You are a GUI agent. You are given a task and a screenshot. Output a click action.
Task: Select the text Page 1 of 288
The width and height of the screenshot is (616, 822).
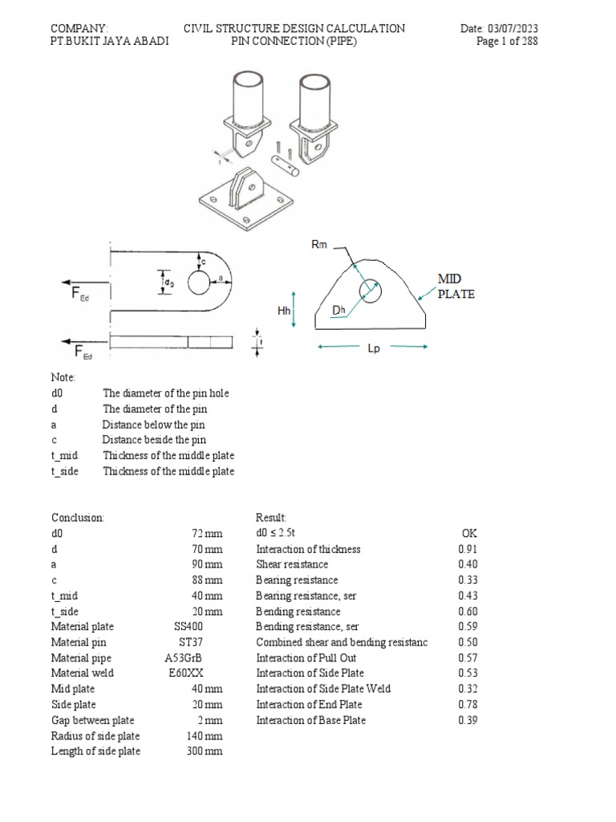(x=507, y=43)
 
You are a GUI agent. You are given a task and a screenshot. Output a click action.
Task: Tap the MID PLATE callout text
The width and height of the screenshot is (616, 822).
(x=456, y=286)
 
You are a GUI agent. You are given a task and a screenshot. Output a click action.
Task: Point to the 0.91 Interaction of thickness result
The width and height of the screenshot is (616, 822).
(x=468, y=550)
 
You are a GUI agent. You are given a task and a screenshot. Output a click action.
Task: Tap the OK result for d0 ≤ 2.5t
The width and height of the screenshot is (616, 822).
(x=469, y=534)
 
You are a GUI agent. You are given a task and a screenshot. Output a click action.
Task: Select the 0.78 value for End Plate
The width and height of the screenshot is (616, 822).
(x=468, y=705)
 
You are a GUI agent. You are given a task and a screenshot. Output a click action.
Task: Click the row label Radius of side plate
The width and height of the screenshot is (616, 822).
(x=95, y=736)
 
